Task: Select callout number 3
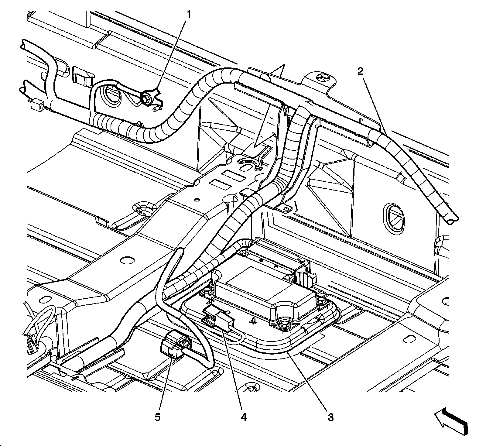[x=330, y=417]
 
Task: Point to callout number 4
[x=243, y=417]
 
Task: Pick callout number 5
[x=157, y=417]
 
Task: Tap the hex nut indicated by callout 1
[x=145, y=98]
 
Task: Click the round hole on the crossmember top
[x=127, y=260]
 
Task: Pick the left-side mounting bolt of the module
[x=208, y=292]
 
